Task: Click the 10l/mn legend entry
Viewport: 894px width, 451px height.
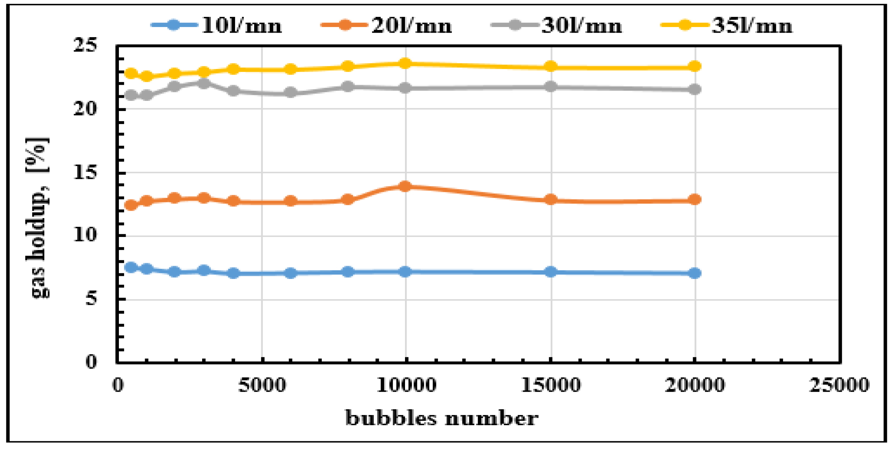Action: (217, 25)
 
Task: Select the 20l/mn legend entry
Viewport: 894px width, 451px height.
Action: (387, 25)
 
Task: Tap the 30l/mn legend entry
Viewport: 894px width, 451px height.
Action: (557, 25)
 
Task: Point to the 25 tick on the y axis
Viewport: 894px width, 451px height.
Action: (85, 45)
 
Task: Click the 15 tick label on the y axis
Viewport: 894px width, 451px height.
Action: (85, 172)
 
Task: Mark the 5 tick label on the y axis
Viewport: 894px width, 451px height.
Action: (91, 299)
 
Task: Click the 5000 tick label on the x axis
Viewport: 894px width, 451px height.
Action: (262, 385)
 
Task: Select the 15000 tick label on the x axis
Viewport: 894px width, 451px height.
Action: (550, 385)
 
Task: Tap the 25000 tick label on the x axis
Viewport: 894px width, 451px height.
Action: (839, 385)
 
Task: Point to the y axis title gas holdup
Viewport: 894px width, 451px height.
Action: (37, 218)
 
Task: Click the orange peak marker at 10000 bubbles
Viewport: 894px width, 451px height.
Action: (405, 186)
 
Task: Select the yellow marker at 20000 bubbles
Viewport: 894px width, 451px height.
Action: (695, 67)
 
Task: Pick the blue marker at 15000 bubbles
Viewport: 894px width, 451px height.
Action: (550, 271)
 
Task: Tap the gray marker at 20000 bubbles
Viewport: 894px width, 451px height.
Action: (695, 90)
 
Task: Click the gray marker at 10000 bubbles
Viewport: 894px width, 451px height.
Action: (405, 88)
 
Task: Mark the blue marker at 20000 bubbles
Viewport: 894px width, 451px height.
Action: (695, 273)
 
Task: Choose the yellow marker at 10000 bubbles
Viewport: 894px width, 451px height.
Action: (405, 63)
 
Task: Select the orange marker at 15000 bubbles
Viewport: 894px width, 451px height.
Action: (550, 199)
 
